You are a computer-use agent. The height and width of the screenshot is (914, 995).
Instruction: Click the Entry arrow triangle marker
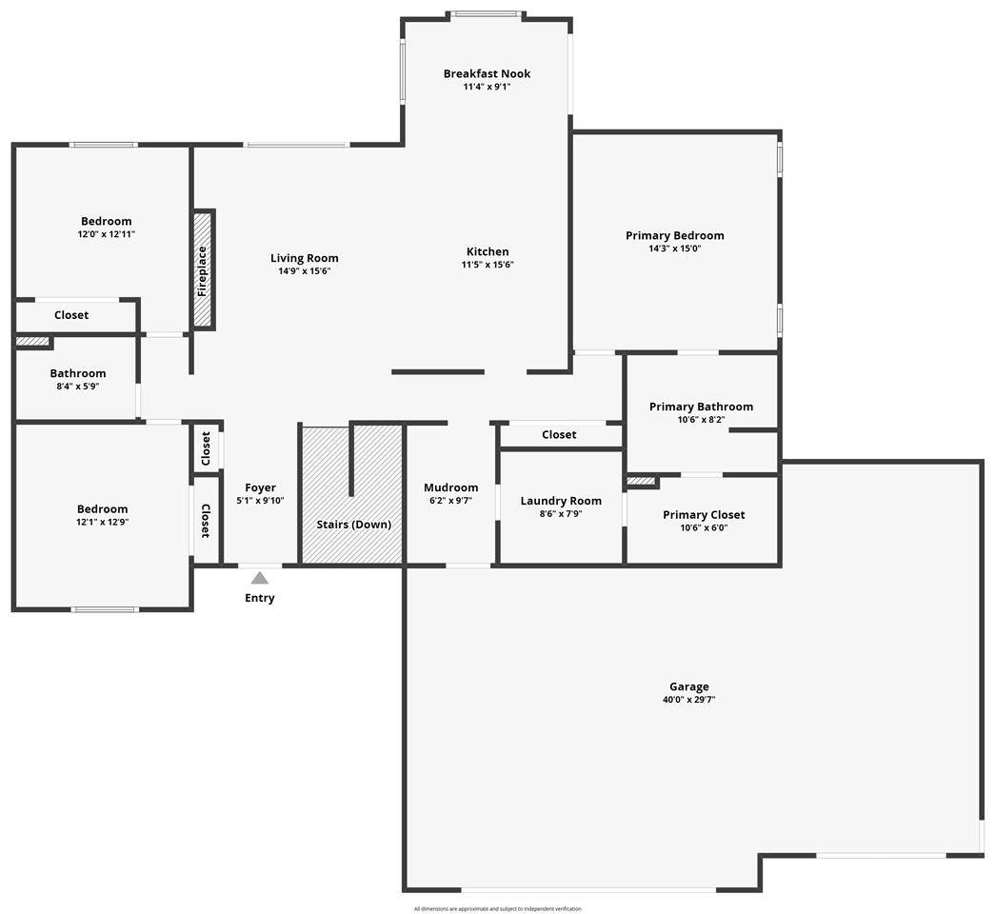259,578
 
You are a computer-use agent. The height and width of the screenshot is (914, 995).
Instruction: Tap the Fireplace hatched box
202,269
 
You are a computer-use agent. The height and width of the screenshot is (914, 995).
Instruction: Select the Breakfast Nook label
487,73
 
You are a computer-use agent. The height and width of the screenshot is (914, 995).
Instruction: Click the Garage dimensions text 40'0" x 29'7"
688,700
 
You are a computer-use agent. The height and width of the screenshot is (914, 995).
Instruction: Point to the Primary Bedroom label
674,235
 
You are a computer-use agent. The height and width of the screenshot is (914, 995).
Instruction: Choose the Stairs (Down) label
353,525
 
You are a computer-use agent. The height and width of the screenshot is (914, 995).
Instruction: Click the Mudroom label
450,487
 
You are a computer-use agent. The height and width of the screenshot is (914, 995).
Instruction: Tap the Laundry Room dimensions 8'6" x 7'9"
561,513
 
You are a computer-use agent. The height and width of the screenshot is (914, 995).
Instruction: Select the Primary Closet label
704,515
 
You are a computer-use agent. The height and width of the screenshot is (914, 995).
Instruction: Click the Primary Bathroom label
701,407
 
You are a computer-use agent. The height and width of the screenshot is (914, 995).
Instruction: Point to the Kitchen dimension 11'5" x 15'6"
488,265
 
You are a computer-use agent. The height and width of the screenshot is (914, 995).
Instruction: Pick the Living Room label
304,258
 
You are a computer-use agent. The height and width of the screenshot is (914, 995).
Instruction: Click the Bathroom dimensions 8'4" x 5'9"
78,387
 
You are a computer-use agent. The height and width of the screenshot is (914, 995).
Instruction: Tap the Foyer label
260,487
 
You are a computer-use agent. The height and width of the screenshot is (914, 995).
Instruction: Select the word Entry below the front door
259,598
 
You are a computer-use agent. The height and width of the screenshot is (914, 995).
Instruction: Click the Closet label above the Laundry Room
559,434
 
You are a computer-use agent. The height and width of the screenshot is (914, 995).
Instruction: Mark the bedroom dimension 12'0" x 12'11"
106,234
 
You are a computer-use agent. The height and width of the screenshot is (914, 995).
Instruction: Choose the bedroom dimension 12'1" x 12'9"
103,522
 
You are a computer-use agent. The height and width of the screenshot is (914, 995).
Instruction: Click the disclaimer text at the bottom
497,908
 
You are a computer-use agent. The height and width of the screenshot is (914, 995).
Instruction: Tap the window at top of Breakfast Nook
486,14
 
